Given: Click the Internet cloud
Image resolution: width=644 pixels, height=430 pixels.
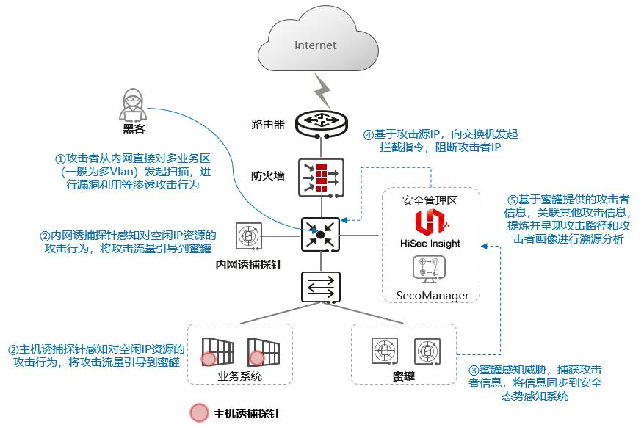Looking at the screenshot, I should tap(316, 44).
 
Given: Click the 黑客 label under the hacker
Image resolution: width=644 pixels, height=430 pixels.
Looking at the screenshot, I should tap(134, 129).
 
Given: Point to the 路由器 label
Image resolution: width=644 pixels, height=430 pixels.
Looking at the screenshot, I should tap(267, 124).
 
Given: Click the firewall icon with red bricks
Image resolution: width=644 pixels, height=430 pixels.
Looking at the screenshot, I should tap(320, 176).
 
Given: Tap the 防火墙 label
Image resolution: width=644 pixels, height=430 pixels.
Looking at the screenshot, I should tap(267, 176).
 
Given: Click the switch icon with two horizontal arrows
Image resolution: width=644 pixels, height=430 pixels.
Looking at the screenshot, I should tap(320, 286).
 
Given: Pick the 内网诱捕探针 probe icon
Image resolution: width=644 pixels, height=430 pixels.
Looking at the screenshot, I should tap(248, 236).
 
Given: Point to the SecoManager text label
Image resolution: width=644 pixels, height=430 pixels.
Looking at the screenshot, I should tap(433, 296).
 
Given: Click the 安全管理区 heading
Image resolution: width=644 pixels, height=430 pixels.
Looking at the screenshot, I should tap(430, 200).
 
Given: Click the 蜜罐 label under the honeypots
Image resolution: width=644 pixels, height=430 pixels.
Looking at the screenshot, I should tap(404, 377).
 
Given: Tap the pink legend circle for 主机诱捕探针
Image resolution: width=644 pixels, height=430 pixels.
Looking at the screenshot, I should tap(199, 413).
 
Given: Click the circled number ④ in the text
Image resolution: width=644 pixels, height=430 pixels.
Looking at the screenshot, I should tap(369, 135).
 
